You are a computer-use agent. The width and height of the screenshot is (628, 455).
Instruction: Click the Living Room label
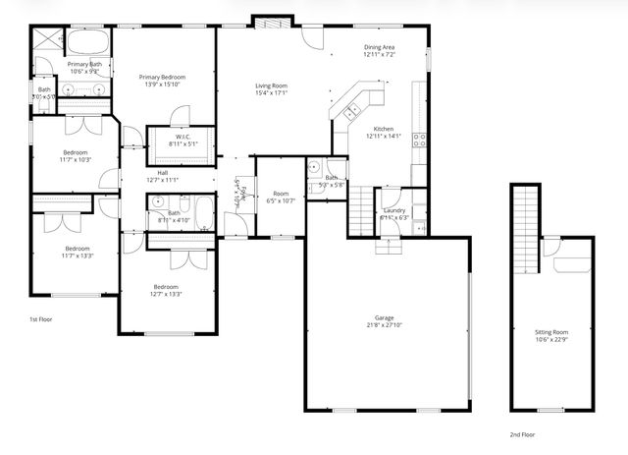271,86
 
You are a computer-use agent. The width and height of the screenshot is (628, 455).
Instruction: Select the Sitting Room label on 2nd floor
550,332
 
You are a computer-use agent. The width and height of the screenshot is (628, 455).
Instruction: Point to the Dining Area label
379,47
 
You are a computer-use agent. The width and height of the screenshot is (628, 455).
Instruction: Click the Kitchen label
383,129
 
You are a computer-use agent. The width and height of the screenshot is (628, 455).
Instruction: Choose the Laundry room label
394,210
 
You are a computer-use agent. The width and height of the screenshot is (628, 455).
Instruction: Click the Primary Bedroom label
162,77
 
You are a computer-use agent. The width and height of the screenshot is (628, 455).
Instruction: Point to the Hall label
163,173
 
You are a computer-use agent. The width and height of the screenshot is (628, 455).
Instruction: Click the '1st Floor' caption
40,319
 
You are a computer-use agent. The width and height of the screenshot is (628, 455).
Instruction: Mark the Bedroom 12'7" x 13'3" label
165,286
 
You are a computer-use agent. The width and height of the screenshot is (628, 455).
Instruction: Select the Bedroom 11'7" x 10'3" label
76,152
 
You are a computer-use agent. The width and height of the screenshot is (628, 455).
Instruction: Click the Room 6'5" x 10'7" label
281,194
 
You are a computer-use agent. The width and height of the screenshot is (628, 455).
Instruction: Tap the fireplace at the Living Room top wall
269,21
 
